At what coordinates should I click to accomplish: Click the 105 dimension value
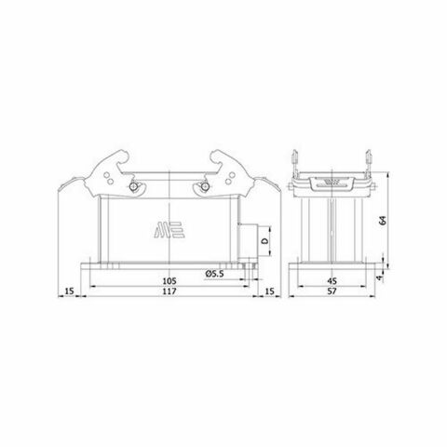[169, 278]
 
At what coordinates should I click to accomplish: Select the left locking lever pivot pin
[133, 188]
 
